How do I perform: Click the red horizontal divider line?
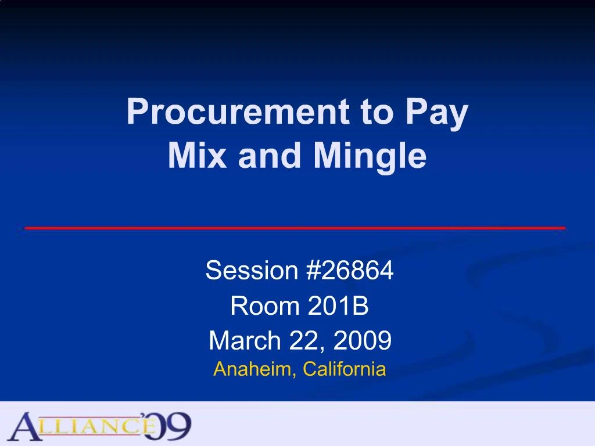pos(295,228)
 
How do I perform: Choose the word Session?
pos(251,270)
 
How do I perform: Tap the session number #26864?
pos(349,270)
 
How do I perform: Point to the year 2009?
pos(363,341)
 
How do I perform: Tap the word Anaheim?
pos(253,369)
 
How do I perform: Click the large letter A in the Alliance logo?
pos(26,427)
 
